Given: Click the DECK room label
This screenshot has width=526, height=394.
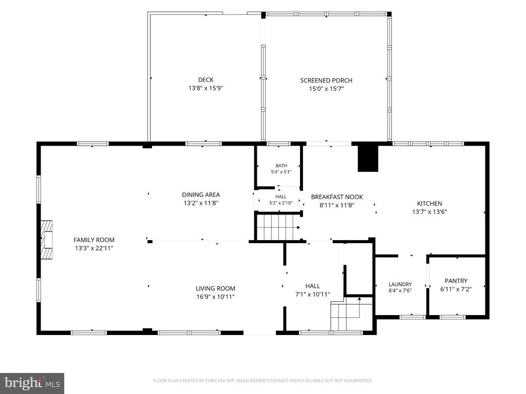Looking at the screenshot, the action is tap(205, 80).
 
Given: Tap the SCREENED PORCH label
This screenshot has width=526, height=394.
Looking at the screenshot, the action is tap(326, 81).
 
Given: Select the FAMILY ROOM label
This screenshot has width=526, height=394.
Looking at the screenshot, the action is tap(94, 240).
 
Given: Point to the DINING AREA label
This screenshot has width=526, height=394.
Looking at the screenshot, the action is tap(201, 194).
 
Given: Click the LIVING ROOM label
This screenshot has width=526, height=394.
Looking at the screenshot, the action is tap(215, 288).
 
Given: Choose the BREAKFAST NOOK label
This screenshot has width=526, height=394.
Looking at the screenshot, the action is tap(337, 197).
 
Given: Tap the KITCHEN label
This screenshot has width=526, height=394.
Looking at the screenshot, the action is tap(429, 203).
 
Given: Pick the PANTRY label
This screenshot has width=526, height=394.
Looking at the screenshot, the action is tap(456, 281).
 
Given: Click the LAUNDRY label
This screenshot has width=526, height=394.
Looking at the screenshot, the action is tap(400, 284).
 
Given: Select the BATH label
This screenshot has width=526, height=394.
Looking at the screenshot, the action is tap(281, 166).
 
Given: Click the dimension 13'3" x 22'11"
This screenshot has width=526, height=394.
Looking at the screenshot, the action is tap(94, 248).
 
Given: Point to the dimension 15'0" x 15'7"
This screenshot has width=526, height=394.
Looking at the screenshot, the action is tap(326, 89).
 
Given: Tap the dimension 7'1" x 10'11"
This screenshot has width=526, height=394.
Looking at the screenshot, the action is tap(312, 294).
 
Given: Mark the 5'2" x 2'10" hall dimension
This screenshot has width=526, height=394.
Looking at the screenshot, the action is tap(281, 203).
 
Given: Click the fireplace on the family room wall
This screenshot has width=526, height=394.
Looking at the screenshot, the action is tap(47, 240).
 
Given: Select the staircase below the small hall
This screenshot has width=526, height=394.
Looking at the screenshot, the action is tap(278, 227).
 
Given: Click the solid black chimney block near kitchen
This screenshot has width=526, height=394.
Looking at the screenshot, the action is tap(368, 159).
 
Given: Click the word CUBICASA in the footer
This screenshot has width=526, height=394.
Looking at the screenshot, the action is tap(217, 381).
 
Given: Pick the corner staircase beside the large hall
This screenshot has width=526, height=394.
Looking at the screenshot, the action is tap(351, 314).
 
